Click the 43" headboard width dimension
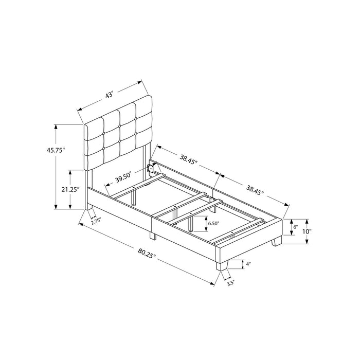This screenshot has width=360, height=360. [x=109, y=95]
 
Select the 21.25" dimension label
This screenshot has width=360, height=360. [x=70, y=189]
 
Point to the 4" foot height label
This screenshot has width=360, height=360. [x=248, y=264]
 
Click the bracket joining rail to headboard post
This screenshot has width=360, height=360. [x=152, y=169]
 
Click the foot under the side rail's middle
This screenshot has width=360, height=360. [x=152, y=236]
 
